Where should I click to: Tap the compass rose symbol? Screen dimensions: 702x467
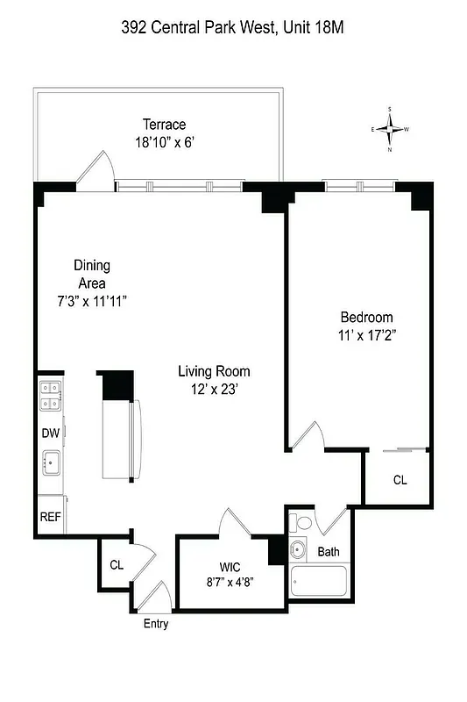(x=391, y=129)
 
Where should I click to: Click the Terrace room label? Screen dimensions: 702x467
(x=165, y=125)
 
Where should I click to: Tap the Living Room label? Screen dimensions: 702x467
(x=215, y=371)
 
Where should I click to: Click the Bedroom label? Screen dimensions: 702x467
(x=366, y=317)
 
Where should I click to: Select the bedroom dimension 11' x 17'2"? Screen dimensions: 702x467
(x=366, y=334)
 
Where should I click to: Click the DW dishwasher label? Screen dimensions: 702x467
(x=50, y=433)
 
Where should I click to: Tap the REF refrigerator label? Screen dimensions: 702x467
(x=50, y=517)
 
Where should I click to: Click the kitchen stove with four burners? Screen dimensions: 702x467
(x=50, y=395)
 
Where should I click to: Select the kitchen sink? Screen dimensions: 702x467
(x=51, y=461)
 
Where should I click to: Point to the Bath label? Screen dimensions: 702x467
(x=328, y=552)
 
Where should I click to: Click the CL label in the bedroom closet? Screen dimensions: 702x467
(x=400, y=480)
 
